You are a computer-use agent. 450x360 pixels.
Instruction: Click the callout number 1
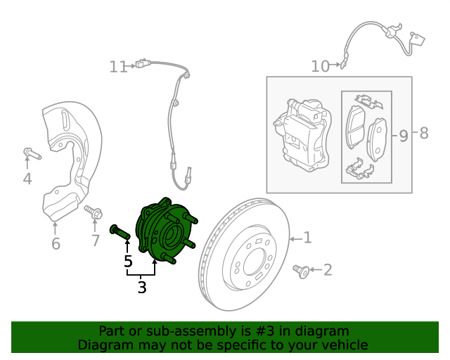(x=307, y=238)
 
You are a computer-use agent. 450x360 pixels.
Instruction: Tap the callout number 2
(x=327, y=269)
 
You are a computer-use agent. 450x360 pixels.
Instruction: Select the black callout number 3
(x=142, y=287)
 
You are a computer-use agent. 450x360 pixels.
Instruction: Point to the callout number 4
(x=27, y=179)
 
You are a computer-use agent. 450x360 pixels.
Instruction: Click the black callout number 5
(x=127, y=262)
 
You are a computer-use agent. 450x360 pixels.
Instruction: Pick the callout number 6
(x=56, y=244)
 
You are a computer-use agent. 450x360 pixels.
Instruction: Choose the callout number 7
(x=96, y=241)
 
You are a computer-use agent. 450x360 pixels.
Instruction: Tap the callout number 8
(x=423, y=133)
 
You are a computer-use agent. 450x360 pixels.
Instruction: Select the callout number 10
(x=320, y=66)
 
